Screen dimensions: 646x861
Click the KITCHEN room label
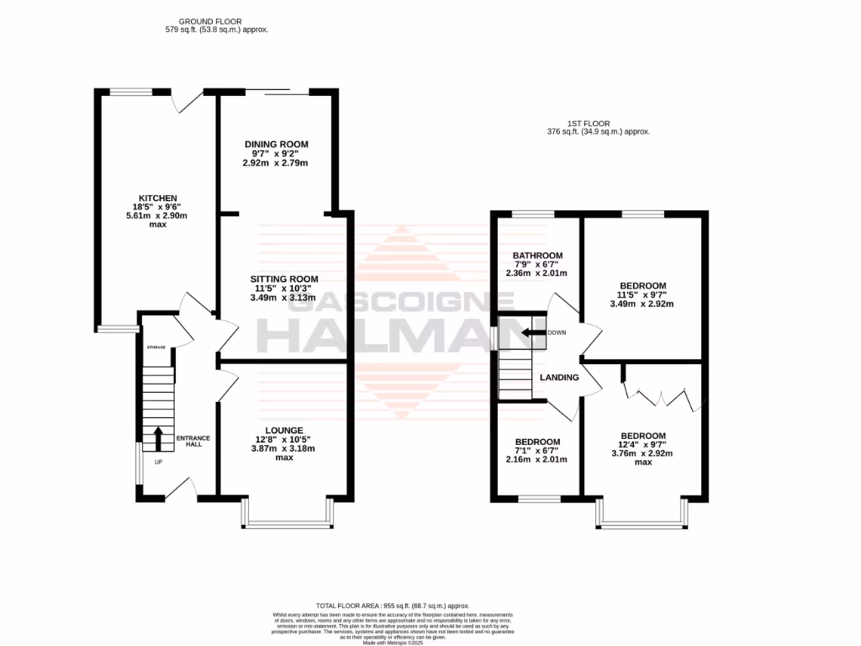[x=159, y=198]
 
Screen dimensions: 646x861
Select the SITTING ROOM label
[x=283, y=278]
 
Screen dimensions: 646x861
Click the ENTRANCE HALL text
[x=193, y=442]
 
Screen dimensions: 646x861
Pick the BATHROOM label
[x=537, y=256]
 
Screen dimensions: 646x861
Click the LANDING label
[x=559, y=378]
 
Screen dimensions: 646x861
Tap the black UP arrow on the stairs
[x=158, y=437]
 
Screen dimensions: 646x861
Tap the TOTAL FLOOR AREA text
[x=393, y=606]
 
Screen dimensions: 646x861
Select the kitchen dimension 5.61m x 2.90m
[x=159, y=216]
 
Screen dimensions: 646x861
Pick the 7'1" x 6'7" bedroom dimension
[x=536, y=451]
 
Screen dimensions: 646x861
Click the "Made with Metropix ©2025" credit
[x=393, y=643]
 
